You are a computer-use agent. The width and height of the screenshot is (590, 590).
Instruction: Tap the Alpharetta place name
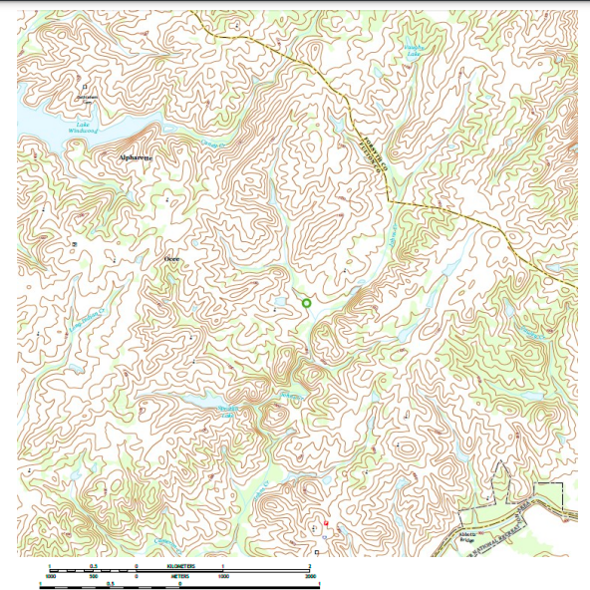[x=134, y=157]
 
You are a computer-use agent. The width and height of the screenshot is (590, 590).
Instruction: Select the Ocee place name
[x=171, y=258]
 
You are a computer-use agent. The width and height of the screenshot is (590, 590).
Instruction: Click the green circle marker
[x=307, y=302]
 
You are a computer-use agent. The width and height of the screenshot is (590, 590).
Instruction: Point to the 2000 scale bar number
[x=310, y=576]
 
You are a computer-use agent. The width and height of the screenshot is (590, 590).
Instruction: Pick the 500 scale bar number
[x=94, y=576]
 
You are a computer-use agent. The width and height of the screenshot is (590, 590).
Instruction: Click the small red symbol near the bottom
[x=326, y=521]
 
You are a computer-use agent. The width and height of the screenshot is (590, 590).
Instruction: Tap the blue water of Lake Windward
[x=40, y=127]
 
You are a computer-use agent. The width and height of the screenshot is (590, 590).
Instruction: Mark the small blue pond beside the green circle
[x=282, y=301]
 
